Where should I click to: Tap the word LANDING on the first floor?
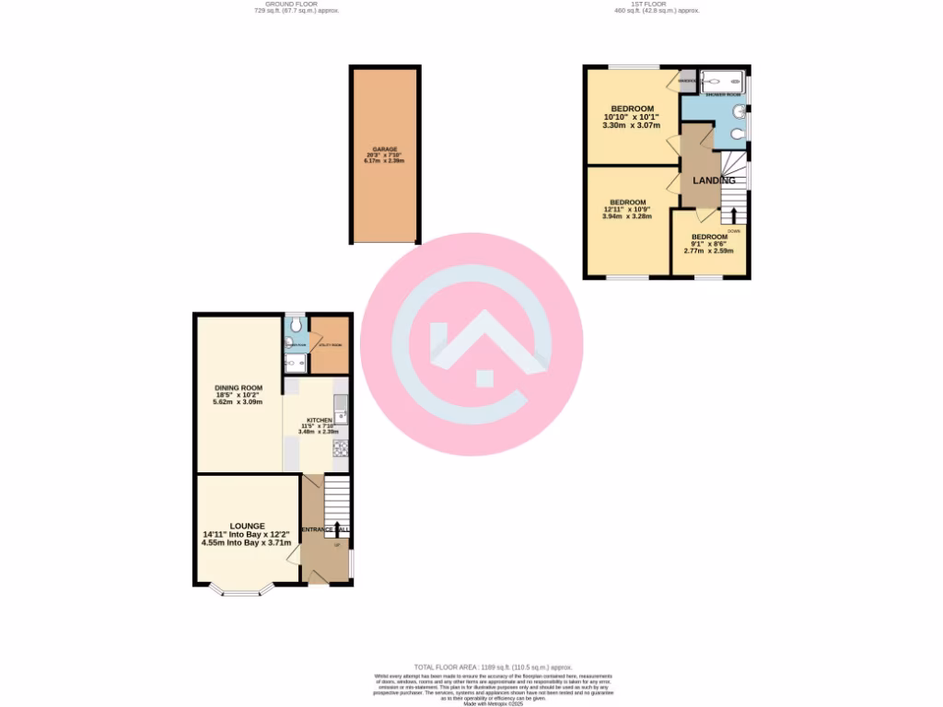[714, 180]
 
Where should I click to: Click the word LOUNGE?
[247, 526]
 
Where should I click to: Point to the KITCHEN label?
[319, 420]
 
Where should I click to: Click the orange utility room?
[330, 346]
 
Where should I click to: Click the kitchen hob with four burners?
[339, 449]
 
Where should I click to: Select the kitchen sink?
[340, 405]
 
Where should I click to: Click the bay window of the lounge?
[242, 590]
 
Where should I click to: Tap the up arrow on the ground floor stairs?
[336, 527]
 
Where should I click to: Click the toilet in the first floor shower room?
[735, 133]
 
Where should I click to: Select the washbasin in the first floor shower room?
[739, 112]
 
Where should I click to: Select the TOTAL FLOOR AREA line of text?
[493, 666]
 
